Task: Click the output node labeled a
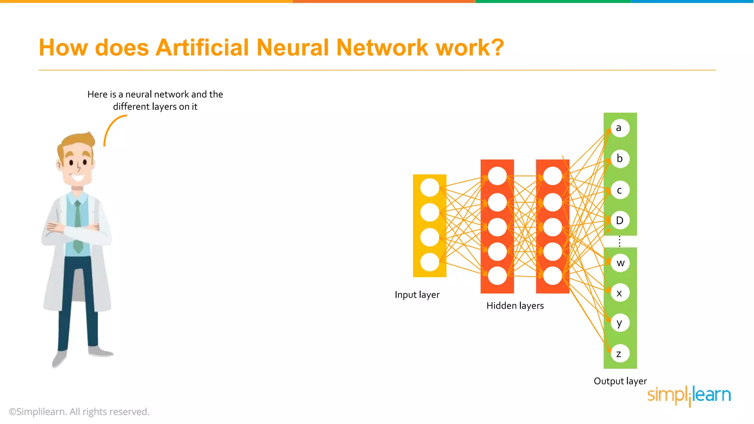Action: [620, 128]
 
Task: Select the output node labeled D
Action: [620, 220]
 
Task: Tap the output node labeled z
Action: [620, 354]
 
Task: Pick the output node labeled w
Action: [620, 263]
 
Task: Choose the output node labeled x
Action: [620, 293]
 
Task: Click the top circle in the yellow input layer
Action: [430, 187]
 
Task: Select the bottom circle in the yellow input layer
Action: [430, 262]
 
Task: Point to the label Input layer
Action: [417, 295]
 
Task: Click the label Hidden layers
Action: [515, 306]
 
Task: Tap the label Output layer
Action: [620, 381]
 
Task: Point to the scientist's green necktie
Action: [78, 228]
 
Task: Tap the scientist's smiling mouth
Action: [78, 179]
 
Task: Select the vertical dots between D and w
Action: [620, 241]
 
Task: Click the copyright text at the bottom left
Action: [79, 411]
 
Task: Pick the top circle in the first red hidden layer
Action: [497, 176]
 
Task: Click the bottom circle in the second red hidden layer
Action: [553, 276]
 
